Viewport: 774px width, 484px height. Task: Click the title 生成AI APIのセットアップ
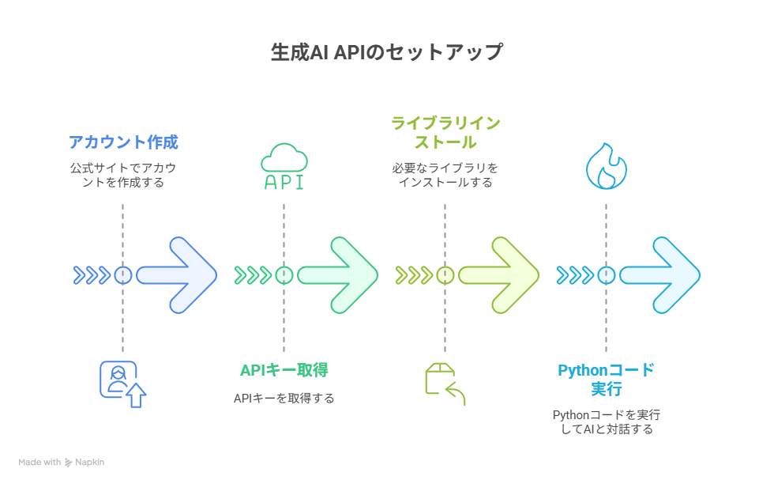click(387, 52)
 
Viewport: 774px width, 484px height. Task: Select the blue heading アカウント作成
click(123, 142)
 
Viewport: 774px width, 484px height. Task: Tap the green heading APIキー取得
click(284, 370)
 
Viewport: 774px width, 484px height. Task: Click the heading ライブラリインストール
click(445, 133)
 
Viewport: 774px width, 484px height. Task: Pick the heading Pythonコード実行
click(607, 379)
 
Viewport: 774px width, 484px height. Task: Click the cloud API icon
click(284, 167)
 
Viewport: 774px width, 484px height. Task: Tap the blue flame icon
click(607, 166)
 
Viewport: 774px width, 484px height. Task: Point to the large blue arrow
click(177, 275)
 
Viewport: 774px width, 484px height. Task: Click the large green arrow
click(338, 275)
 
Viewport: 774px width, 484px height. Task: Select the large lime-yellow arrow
click(498, 275)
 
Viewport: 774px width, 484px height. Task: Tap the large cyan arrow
click(660, 275)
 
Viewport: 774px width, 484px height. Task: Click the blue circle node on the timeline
click(123, 275)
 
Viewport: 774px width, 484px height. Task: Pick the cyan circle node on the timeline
click(607, 275)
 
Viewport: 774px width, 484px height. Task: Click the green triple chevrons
click(253, 275)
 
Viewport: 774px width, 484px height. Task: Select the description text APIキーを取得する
click(284, 399)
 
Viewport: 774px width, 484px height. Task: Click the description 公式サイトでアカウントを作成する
click(123, 175)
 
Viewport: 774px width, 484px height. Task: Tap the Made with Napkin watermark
click(62, 462)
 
